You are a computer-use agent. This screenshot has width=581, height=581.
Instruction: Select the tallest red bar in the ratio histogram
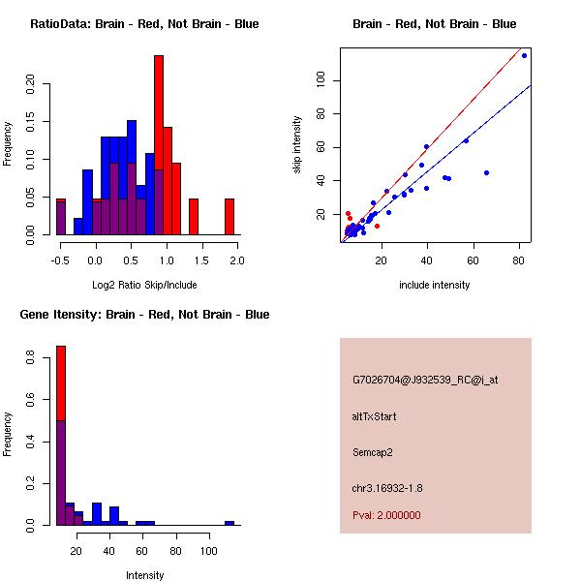pos(159,145)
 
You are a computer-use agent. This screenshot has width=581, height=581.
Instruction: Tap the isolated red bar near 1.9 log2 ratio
pos(229,216)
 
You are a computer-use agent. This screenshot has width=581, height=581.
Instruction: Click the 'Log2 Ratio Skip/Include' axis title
pos(144,285)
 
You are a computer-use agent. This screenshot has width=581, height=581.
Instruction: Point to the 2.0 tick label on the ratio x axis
pos(237,260)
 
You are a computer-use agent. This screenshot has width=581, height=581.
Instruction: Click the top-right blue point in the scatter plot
pos(524,55)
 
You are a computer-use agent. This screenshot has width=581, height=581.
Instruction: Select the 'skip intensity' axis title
pos(297,145)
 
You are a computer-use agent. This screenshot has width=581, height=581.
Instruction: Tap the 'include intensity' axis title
pos(435,285)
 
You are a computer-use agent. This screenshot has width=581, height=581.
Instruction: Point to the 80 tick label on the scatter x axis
pos(520,260)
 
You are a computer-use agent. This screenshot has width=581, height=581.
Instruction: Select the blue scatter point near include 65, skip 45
pos(486,172)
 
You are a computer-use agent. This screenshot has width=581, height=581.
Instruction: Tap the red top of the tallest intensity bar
pos(61,382)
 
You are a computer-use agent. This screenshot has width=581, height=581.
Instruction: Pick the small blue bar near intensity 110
pos(229,523)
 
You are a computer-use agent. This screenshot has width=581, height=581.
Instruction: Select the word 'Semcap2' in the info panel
pos(375,451)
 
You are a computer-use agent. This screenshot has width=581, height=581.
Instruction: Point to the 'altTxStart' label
pos(375,416)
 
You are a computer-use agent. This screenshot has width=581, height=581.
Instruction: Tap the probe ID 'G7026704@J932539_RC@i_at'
pos(425,381)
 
